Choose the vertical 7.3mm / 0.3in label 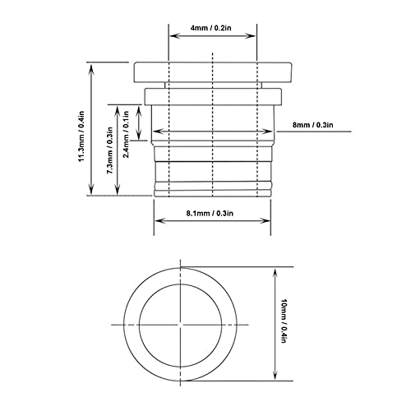coord(109,150)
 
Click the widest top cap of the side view coord(213,71)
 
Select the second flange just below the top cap coord(213,94)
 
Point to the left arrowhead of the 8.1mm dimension coord(157,221)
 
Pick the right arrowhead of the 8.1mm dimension coord(269,221)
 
